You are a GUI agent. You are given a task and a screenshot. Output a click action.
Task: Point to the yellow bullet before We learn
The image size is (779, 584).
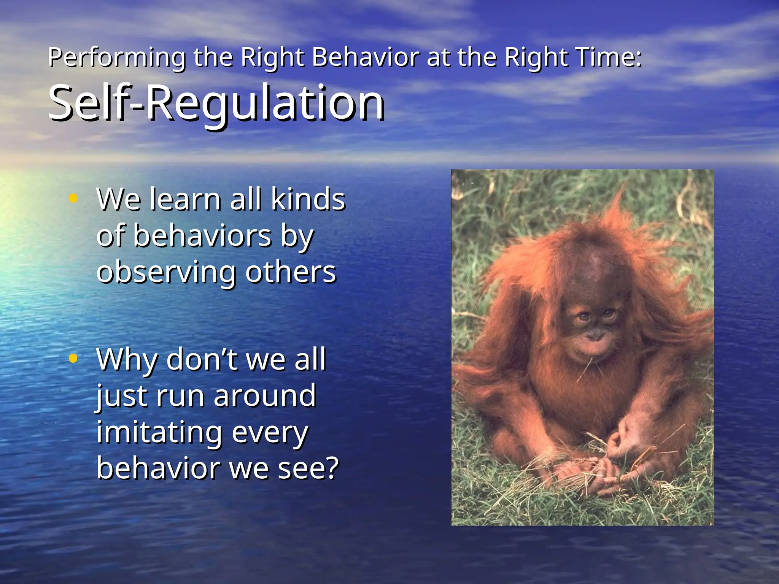point(73,198)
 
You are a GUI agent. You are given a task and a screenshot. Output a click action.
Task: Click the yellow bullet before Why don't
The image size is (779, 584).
point(73,358)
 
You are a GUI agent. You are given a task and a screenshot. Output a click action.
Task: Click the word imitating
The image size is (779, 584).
point(159,432)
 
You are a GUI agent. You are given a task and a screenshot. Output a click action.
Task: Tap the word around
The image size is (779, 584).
point(265,395)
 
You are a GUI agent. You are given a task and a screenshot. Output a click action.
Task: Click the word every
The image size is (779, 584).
point(270,433)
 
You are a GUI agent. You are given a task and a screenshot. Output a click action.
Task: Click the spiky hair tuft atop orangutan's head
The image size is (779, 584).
point(618,205)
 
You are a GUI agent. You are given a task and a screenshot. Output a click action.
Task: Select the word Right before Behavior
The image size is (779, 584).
point(272,58)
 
